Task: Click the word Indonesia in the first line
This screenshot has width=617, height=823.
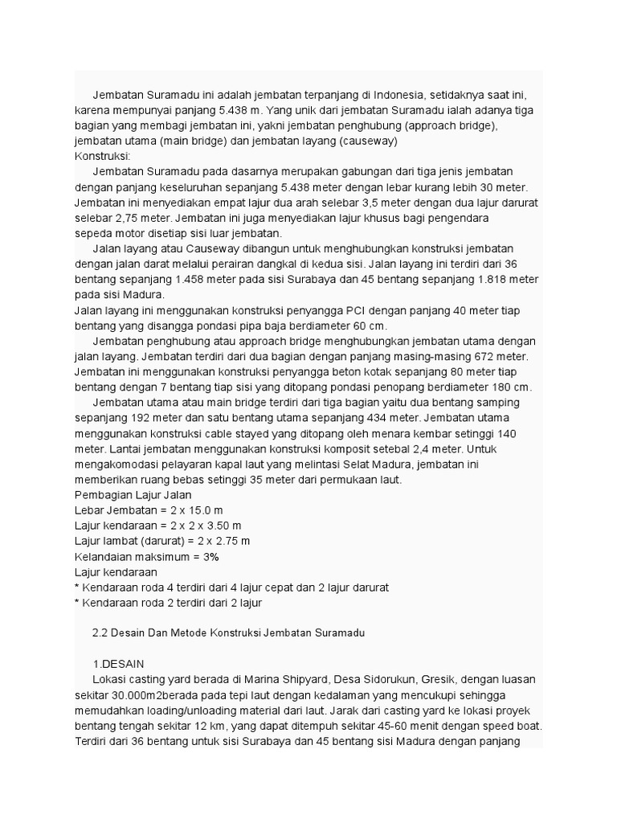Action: (448, 94)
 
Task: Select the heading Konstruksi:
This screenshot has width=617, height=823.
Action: (102, 156)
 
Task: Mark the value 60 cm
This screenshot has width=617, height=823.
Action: (368, 326)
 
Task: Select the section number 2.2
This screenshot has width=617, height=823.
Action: (102, 633)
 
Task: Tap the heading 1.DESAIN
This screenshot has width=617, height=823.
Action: (121, 664)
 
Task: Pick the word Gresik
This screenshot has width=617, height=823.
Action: (435, 679)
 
